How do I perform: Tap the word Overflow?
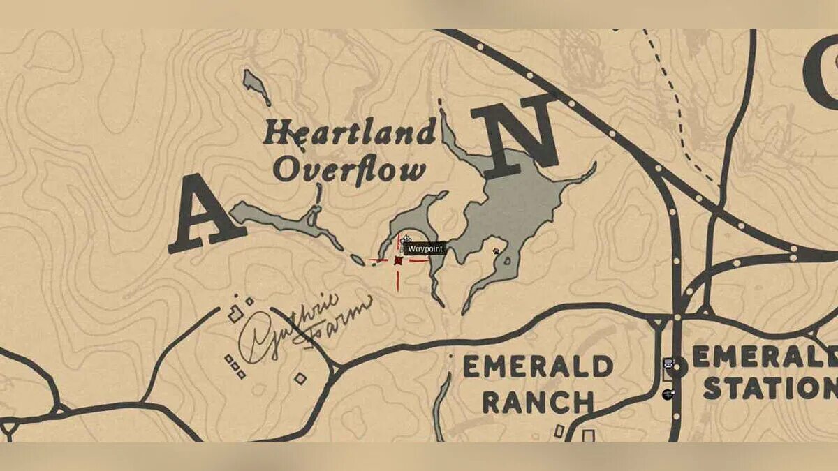(x=349, y=170)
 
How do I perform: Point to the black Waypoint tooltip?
(x=425, y=248)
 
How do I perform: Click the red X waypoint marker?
(x=398, y=260)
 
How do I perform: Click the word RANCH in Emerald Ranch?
(x=538, y=402)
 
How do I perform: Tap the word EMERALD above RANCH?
(x=538, y=366)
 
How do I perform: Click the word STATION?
(x=768, y=388)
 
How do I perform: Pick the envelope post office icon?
(x=669, y=363)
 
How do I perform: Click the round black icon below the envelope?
(x=668, y=394)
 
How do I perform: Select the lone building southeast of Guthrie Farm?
(x=300, y=378)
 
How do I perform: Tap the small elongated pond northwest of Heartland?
(x=256, y=87)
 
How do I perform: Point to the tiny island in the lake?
(x=507, y=261)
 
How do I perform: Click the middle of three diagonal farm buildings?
(x=235, y=366)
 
